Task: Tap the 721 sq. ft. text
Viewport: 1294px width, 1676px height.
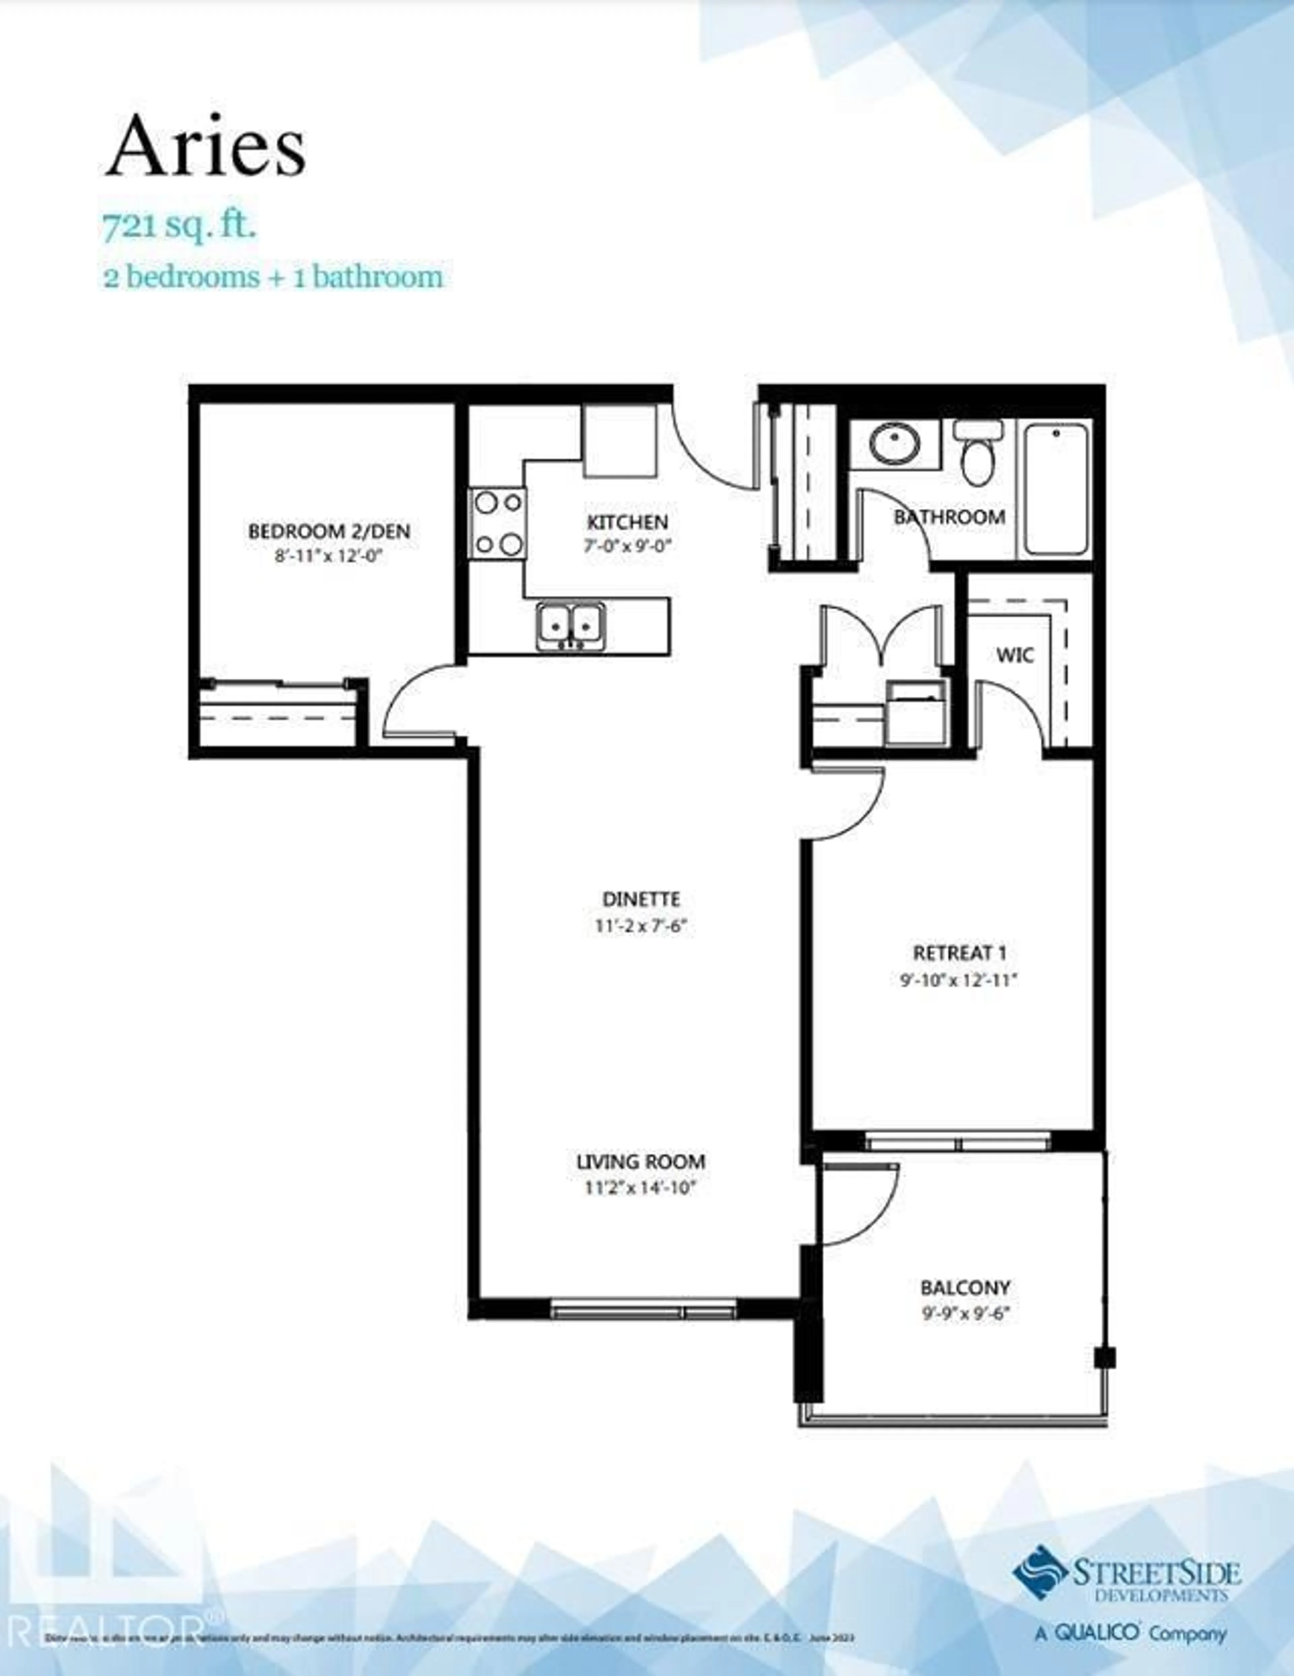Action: click(x=179, y=228)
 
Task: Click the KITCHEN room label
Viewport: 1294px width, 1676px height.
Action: click(x=627, y=523)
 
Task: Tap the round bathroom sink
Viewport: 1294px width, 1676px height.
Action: click(x=895, y=444)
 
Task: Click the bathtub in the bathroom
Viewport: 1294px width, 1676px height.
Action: click(x=1055, y=489)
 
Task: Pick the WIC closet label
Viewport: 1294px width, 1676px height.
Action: click(x=1015, y=655)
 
